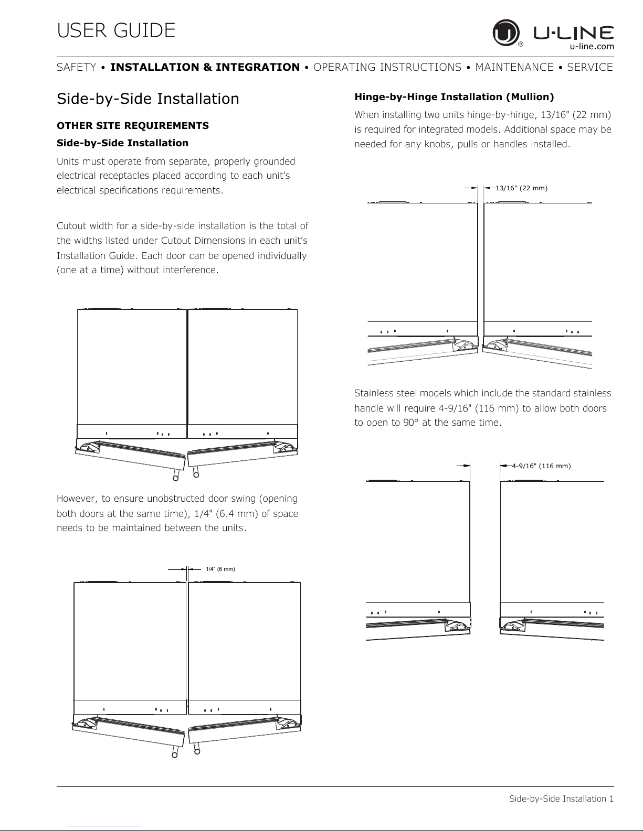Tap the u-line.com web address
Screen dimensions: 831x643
tap(592, 46)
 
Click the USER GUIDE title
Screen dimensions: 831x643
tap(116, 30)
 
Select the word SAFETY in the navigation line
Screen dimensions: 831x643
tap(77, 67)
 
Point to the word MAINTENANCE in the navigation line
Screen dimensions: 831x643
tap(514, 67)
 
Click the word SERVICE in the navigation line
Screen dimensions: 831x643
tap(590, 67)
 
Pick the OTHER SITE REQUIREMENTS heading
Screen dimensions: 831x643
tap(132, 126)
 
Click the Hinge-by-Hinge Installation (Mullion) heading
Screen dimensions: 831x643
tap(454, 97)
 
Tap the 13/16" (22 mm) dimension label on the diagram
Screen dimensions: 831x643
tap(521, 188)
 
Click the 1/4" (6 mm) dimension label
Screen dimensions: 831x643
tap(220, 569)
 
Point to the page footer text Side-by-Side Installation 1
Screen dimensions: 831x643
tap(561, 798)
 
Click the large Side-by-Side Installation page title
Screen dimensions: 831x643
tap(147, 99)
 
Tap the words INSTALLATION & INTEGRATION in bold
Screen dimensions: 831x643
tap(205, 67)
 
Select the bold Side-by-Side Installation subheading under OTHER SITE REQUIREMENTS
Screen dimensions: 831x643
tap(122, 143)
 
